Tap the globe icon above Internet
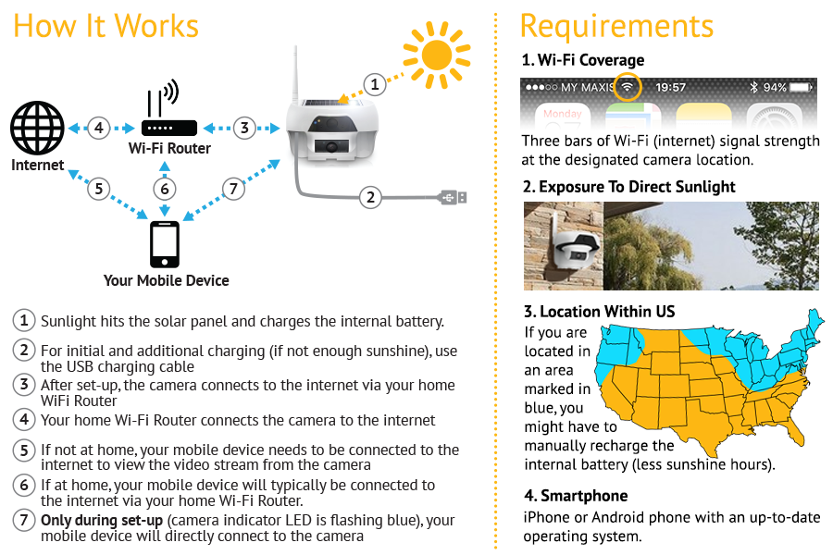(37, 129)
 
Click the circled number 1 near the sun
(373, 84)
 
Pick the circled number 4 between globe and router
(99, 128)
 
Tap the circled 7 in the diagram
(235, 189)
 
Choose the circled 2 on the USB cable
(370, 196)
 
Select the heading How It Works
(106, 26)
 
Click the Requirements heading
(616, 26)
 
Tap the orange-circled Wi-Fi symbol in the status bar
(628, 87)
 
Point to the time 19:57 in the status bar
(670, 87)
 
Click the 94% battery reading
(776, 87)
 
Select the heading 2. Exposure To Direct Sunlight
(628, 187)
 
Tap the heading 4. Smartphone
(575, 496)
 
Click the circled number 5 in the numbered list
(24, 450)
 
